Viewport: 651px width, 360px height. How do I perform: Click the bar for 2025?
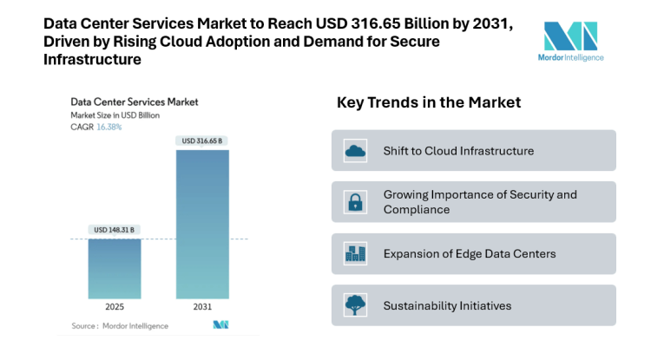[115, 269]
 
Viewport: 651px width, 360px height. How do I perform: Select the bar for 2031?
[202, 225]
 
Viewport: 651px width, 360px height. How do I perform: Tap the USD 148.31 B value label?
[115, 230]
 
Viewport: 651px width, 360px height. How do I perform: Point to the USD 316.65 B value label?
[202, 141]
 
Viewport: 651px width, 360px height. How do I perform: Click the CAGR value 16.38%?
[108, 127]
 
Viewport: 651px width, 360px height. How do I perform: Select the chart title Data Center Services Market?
[134, 101]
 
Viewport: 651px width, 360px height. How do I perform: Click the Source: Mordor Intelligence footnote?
[119, 325]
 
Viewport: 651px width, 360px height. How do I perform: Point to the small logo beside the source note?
[220, 325]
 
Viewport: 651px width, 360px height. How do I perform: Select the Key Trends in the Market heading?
[429, 102]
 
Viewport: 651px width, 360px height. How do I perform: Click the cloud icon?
[355, 151]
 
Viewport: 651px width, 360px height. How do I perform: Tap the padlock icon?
[355, 202]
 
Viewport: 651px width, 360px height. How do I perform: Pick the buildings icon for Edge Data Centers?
[355, 254]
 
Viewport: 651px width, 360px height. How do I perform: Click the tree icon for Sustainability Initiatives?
[355, 305]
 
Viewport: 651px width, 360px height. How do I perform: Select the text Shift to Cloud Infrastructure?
[458, 151]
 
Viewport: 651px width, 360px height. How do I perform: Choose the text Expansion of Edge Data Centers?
[469, 254]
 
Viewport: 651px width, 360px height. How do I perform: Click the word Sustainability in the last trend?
[418, 305]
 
